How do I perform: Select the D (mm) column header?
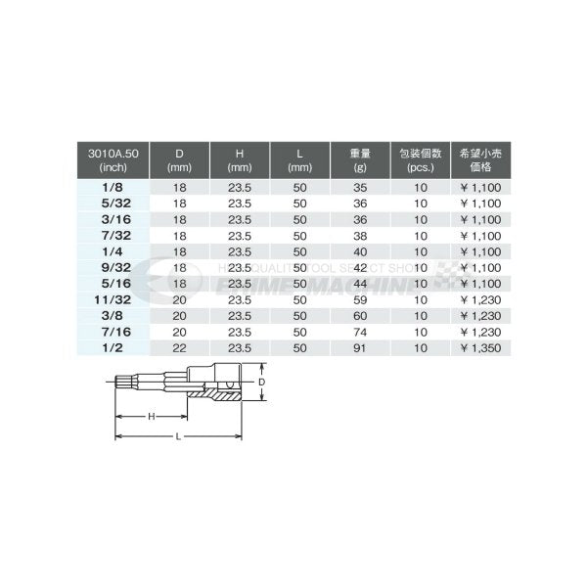pyautogui.click(x=179, y=158)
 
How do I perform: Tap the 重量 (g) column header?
pyautogui.click(x=359, y=158)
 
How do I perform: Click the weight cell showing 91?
pyautogui.click(x=359, y=347)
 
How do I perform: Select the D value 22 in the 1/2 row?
pyautogui.click(x=179, y=347)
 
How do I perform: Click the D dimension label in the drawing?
pyautogui.click(x=261, y=383)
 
